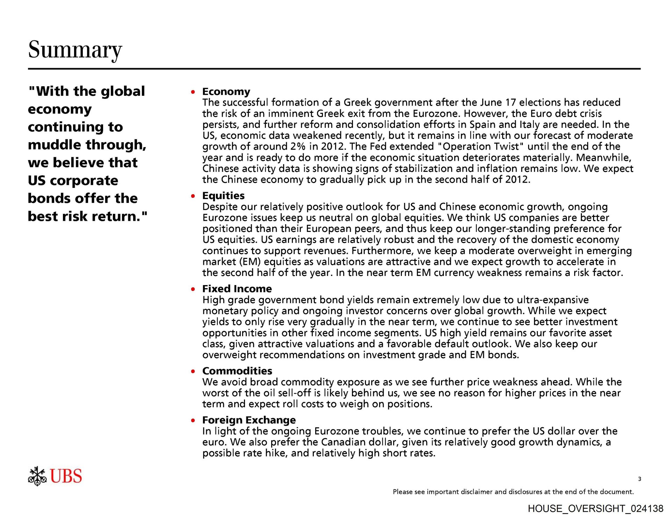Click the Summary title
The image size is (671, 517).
point(75,50)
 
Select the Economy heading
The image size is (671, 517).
point(226,92)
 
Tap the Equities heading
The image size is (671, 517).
point(223,196)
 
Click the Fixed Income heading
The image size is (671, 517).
point(237,289)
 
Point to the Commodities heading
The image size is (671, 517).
point(237,371)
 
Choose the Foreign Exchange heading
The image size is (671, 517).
point(249,420)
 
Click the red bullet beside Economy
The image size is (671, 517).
point(193,92)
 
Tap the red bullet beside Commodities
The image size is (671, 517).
point(193,371)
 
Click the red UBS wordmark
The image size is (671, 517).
point(66,476)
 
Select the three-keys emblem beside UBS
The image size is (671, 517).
point(37,476)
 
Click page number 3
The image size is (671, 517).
point(640,479)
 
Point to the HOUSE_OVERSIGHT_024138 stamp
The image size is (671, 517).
point(595,509)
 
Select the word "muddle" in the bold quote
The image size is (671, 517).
point(55,145)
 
